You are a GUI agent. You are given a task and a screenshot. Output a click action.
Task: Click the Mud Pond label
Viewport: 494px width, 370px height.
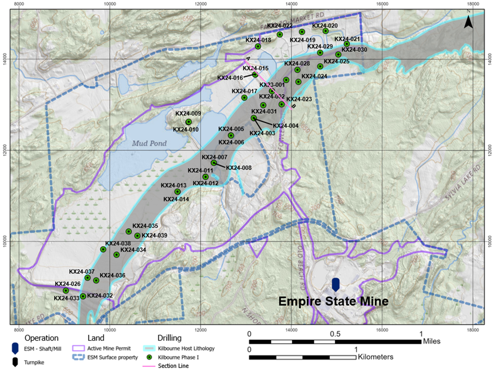coord(149,143)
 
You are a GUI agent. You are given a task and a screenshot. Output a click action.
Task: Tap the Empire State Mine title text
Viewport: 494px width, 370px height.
coord(333,301)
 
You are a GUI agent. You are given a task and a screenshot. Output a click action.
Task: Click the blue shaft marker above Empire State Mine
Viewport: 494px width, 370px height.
coord(336,284)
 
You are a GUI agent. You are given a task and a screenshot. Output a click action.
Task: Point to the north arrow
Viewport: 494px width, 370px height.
coord(468,22)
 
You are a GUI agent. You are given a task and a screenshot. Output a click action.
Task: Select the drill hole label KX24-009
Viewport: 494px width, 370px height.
coord(188,114)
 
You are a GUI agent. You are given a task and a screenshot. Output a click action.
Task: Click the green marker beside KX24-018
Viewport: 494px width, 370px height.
coord(258,47)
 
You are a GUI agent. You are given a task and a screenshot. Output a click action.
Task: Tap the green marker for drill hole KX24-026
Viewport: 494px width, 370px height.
coord(66,290)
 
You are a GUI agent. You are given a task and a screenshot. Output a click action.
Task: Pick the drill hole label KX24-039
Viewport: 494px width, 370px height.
coord(154,235)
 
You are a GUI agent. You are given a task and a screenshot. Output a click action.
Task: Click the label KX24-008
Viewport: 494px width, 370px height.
coord(239,168)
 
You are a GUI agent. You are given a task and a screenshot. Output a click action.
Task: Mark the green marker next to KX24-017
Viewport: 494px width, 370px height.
coord(244,98)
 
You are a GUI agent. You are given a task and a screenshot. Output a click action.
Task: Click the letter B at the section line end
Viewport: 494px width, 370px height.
coord(294,106)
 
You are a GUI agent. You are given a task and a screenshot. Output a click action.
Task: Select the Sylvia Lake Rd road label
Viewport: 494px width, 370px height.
coord(463,184)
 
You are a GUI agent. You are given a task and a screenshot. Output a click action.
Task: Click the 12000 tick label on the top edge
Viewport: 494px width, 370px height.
coord(200,4)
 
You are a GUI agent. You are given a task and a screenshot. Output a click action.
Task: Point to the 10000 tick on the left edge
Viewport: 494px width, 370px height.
coord(4,241)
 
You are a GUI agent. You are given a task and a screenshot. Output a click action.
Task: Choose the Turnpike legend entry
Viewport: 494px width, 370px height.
coord(34,363)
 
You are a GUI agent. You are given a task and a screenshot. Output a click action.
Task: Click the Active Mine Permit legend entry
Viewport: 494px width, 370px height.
coord(109,348)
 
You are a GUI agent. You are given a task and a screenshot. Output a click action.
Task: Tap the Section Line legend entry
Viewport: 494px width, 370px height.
coord(173,366)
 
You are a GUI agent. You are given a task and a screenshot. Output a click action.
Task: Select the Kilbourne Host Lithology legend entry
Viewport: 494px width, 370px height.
coord(186,348)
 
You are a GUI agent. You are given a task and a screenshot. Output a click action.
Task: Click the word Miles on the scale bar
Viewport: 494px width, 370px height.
coord(432,341)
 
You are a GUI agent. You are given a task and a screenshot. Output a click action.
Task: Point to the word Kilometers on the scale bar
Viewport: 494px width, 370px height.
coord(375,357)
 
